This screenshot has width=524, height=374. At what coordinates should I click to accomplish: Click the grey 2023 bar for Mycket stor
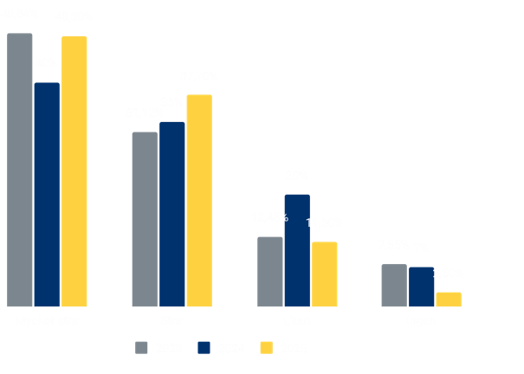click(20, 170)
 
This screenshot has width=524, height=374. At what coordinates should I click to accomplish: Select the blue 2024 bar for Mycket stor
click(47, 195)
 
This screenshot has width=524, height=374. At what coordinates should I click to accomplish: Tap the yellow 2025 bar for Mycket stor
click(74, 171)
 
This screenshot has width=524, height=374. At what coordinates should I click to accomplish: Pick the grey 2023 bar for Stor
click(145, 219)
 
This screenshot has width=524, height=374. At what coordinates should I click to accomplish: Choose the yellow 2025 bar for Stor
click(199, 200)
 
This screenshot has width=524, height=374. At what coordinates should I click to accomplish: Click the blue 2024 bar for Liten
click(297, 250)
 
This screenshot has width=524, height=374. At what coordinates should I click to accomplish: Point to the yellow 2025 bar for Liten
click(324, 274)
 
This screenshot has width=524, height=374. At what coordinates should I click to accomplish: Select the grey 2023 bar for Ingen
click(394, 285)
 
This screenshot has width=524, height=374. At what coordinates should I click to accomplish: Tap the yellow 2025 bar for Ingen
click(449, 299)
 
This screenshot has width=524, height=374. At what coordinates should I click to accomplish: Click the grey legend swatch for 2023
click(142, 348)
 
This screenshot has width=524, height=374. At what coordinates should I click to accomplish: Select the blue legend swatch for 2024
click(204, 348)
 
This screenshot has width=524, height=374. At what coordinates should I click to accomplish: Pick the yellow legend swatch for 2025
click(267, 348)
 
